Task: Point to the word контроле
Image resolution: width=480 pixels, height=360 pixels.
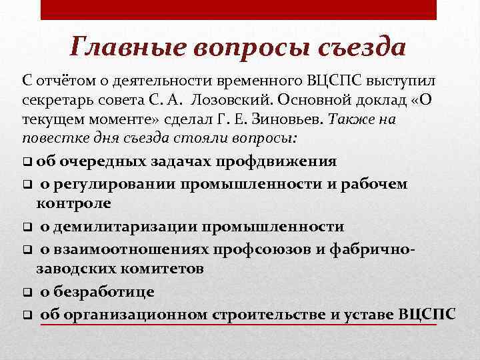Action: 74,203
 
